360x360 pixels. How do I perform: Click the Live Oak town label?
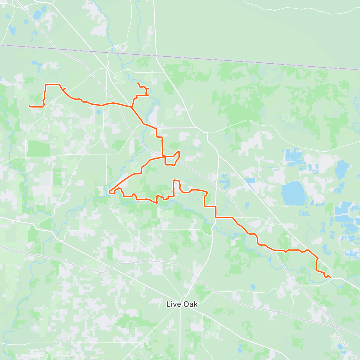pos(182,304)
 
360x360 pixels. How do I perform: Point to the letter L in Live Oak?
pos(168,304)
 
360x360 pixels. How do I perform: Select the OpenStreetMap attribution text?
pos(63,356)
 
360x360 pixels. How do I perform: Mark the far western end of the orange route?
pos(29,106)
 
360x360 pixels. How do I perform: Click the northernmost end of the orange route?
pos(138,83)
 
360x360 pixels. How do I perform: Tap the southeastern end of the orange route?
pos(330,277)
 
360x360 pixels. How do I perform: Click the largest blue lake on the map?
pos(293,193)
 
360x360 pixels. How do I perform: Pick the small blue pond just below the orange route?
pos(99,113)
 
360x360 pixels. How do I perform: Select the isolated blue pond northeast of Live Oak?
pos(253,287)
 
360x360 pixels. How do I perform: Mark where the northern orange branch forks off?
pos(131,107)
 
